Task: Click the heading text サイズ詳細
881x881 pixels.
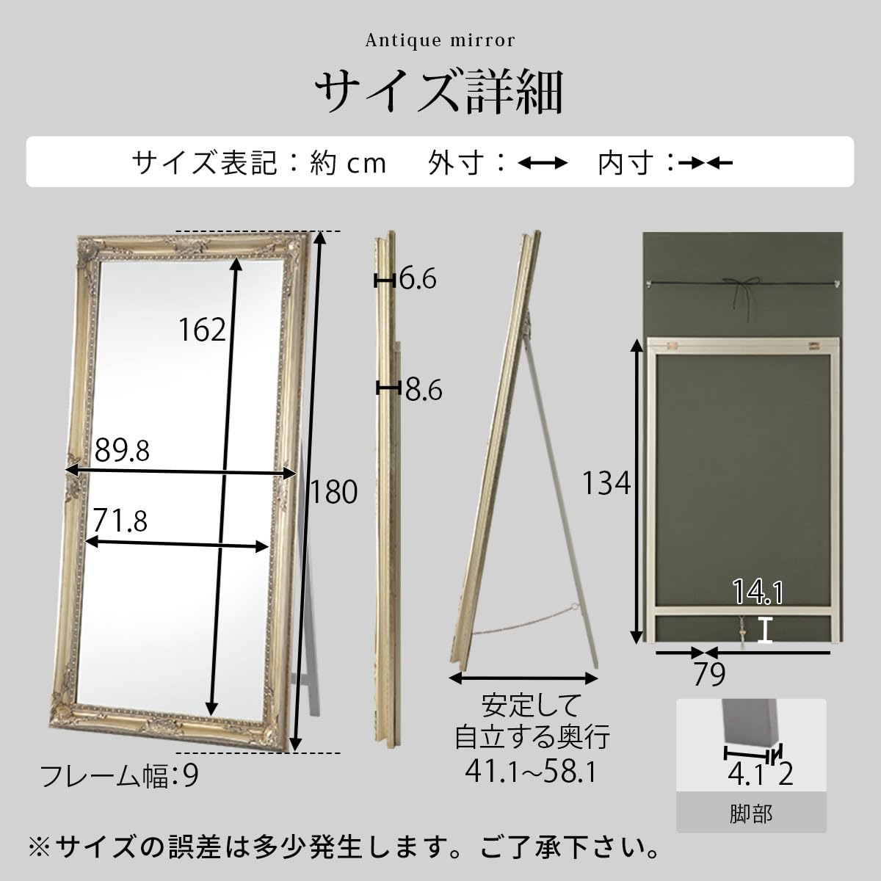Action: (x=440, y=93)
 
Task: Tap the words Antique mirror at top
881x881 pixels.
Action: (x=440, y=40)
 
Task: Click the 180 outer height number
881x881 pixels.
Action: (x=333, y=491)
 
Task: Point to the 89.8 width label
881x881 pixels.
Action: (x=122, y=450)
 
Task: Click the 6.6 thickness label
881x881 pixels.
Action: (x=418, y=279)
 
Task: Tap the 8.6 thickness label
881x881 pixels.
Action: (x=423, y=390)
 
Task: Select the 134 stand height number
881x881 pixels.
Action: (x=606, y=483)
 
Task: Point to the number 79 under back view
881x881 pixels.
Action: (x=709, y=673)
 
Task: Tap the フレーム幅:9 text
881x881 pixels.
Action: (x=118, y=776)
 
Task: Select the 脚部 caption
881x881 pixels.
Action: (x=751, y=813)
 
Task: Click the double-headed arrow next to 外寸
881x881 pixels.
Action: (x=543, y=163)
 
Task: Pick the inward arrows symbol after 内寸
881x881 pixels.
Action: (x=705, y=163)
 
